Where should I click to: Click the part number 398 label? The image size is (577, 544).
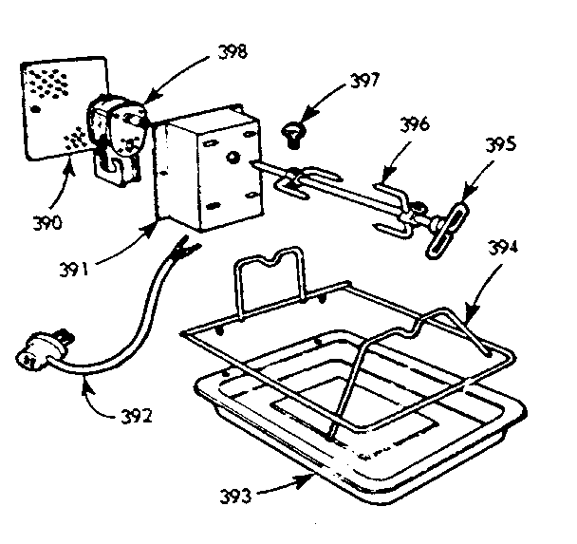tap(233, 53)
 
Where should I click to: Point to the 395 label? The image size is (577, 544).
tap(501, 145)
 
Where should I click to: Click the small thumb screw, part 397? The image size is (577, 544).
tap(293, 133)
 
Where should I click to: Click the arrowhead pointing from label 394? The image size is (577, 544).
tap(467, 309)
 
